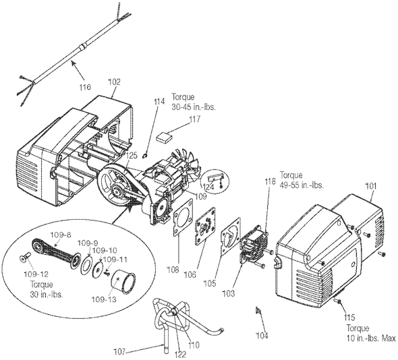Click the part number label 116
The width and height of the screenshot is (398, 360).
(x=85, y=87)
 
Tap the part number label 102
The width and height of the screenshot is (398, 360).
(x=115, y=82)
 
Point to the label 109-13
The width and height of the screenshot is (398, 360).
(x=104, y=299)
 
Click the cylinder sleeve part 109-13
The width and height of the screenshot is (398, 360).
(x=123, y=282)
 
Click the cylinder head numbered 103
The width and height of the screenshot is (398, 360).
(x=252, y=244)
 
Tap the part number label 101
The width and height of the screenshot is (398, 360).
(x=371, y=187)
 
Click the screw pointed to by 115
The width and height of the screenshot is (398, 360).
(x=338, y=301)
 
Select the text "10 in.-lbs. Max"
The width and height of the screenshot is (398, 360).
(x=371, y=338)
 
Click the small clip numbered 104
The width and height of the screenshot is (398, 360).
(x=258, y=310)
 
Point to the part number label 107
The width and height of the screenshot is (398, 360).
(x=120, y=352)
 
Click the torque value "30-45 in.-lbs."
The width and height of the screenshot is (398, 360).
(x=194, y=107)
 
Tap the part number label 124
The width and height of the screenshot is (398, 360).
(x=208, y=187)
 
